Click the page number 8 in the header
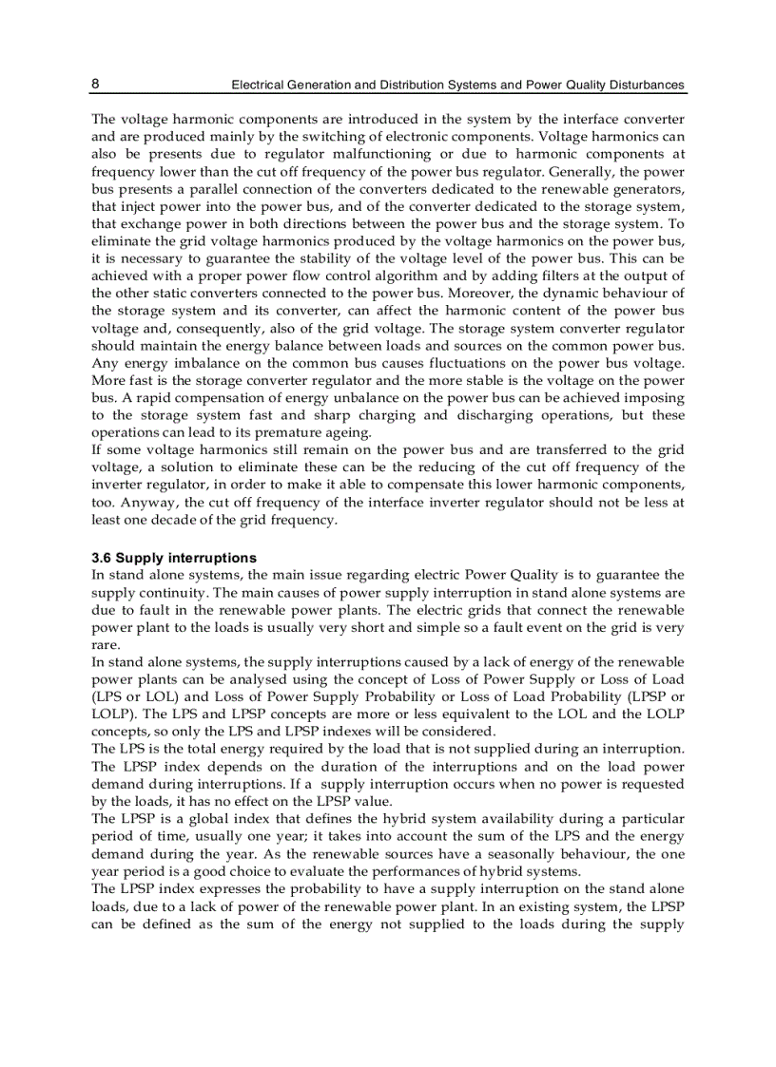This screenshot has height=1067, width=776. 95,84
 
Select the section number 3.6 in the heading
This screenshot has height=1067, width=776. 103,558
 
